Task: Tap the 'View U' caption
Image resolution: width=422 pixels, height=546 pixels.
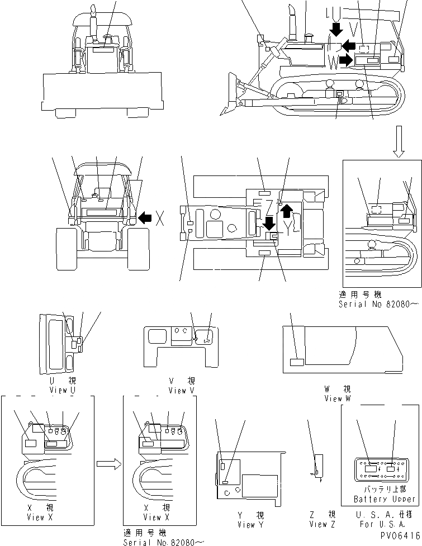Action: click(x=63, y=390)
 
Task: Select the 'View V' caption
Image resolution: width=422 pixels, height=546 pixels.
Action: click(x=182, y=390)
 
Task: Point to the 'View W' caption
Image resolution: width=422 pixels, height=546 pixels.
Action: click(x=338, y=398)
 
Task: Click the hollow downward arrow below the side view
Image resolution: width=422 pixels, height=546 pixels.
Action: click(x=398, y=142)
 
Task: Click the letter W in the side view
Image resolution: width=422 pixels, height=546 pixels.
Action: click(x=334, y=61)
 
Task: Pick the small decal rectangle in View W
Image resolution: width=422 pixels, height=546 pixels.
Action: click(x=297, y=362)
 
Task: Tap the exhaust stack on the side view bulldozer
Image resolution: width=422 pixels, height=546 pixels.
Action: click(x=291, y=22)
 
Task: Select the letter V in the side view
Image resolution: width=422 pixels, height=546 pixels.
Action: click(x=353, y=28)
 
